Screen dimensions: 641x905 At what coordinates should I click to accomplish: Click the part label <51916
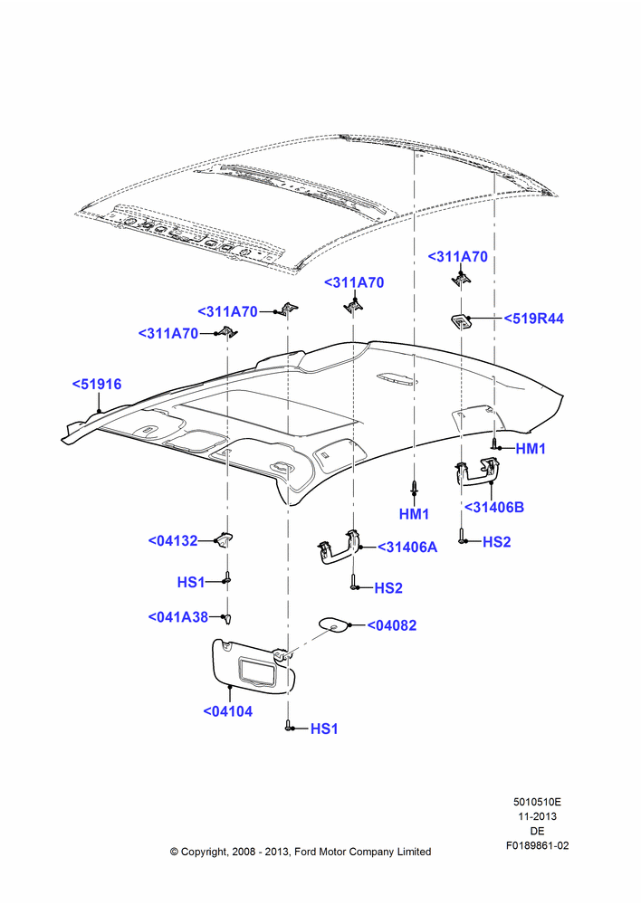(97, 384)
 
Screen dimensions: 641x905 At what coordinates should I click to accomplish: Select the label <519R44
(533, 319)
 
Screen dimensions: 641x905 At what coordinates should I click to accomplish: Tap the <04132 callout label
(173, 541)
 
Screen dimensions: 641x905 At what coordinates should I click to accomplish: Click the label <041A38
(177, 617)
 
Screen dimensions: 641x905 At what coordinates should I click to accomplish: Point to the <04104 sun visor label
(228, 711)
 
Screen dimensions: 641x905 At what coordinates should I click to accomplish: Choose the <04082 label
(391, 625)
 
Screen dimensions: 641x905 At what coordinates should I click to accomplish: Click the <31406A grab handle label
(407, 548)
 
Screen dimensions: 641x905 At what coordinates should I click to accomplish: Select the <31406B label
(494, 508)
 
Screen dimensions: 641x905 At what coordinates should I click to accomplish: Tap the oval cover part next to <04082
(334, 624)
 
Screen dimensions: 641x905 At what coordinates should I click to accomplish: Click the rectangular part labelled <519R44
(461, 321)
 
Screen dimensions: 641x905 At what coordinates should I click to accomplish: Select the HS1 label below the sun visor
(324, 729)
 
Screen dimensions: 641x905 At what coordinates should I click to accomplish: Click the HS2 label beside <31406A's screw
(388, 588)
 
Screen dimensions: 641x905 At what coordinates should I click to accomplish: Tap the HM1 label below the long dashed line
(414, 514)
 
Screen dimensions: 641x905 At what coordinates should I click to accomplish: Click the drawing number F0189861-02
(538, 845)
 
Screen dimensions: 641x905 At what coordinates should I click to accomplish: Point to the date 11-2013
(537, 816)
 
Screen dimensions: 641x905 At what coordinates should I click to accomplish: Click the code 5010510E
(537, 802)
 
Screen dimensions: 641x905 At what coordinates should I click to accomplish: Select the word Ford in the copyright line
(305, 852)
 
